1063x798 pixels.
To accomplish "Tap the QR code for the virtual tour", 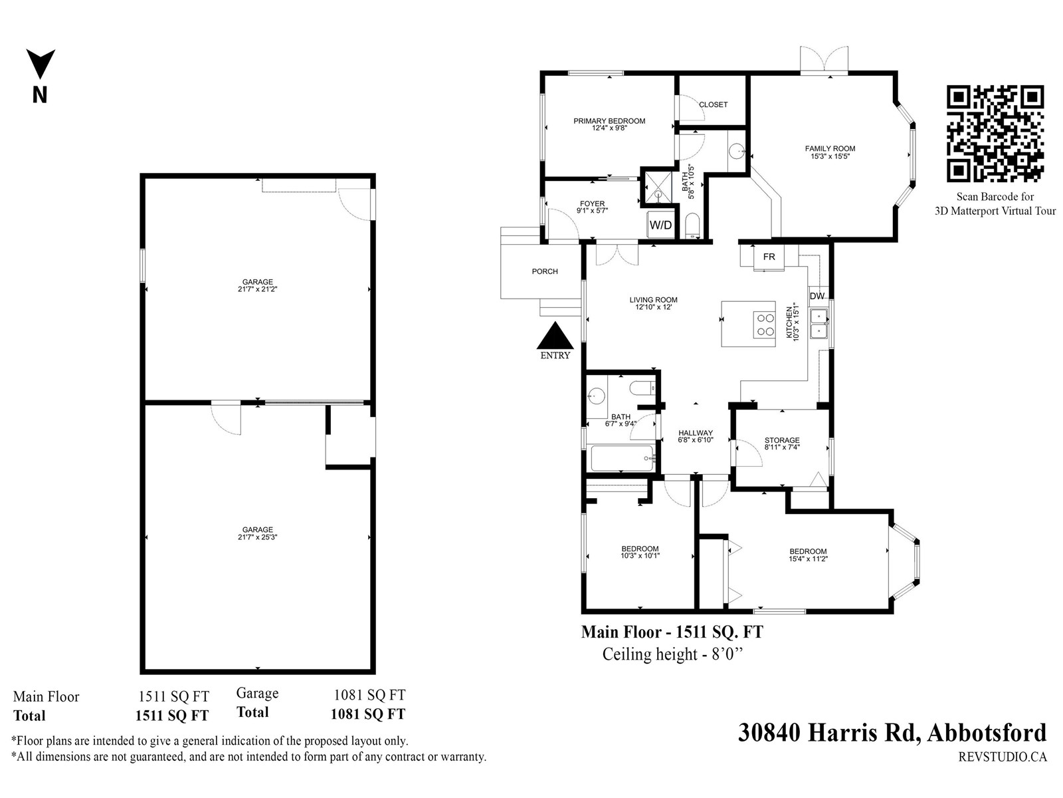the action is click(x=995, y=134).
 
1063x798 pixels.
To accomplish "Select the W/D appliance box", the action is click(x=660, y=225).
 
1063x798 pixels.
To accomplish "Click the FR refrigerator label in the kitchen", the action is click(x=769, y=257).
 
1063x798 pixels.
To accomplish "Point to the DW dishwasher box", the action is click(x=817, y=296).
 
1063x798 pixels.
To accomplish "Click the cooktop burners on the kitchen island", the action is click(x=765, y=325).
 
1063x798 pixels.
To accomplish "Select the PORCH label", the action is click(x=545, y=271).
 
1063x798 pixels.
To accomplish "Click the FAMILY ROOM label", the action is click(x=830, y=149).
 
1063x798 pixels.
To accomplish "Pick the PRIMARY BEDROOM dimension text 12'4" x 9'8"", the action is click(x=609, y=128).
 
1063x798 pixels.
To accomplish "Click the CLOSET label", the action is click(x=713, y=104).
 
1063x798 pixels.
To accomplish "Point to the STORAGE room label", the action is click(x=782, y=440).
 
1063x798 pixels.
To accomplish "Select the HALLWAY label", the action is click(x=696, y=433).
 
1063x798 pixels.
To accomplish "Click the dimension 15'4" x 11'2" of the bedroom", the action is click(x=808, y=559).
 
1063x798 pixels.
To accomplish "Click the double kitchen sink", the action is click(x=819, y=324).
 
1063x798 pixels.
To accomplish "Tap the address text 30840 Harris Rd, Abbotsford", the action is click(x=892, y=733).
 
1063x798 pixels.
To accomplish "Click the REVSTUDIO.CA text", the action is click(x=1003, y=757).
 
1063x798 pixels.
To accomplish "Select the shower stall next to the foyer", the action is click(x=658, y=188).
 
